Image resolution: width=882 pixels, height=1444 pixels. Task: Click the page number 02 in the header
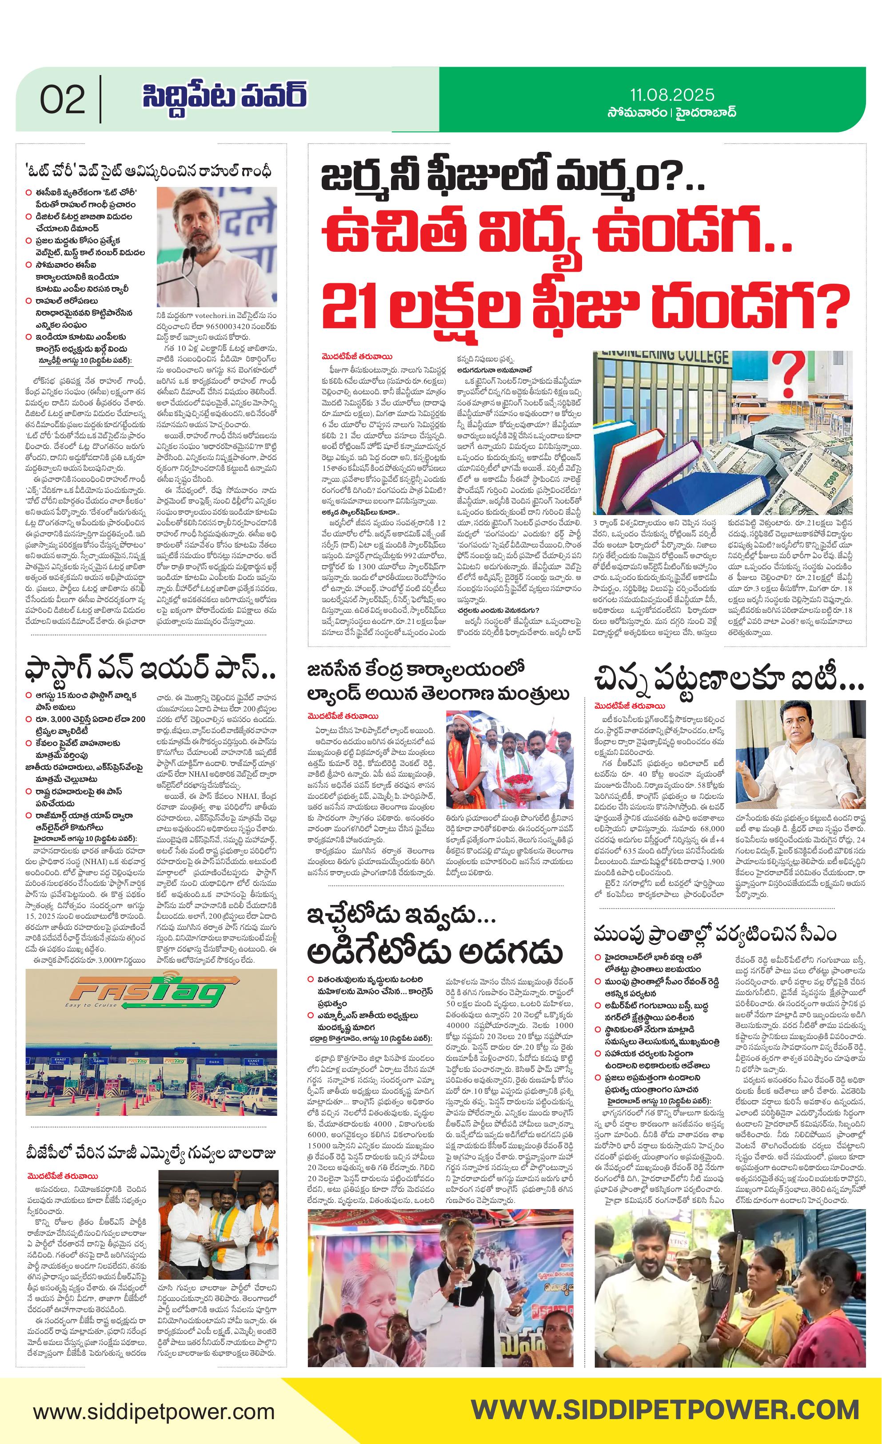(x=62, y=99)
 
